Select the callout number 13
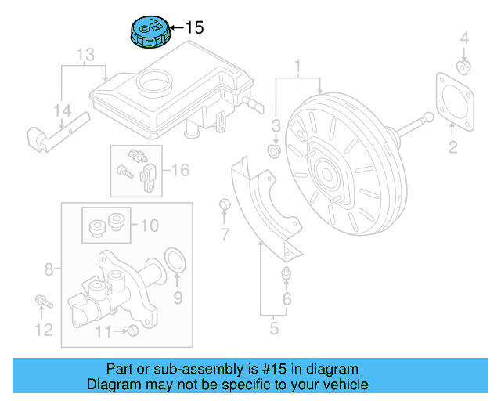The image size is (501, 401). (85, 55)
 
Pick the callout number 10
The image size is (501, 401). (149, 226)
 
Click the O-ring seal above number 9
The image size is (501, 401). (177, 259)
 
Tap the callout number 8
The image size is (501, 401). (49, 270)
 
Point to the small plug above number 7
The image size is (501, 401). (224, 205)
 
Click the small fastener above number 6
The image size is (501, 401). (287, 273)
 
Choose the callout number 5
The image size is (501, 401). (275, 328)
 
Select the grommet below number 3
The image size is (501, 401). (275, 149)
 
